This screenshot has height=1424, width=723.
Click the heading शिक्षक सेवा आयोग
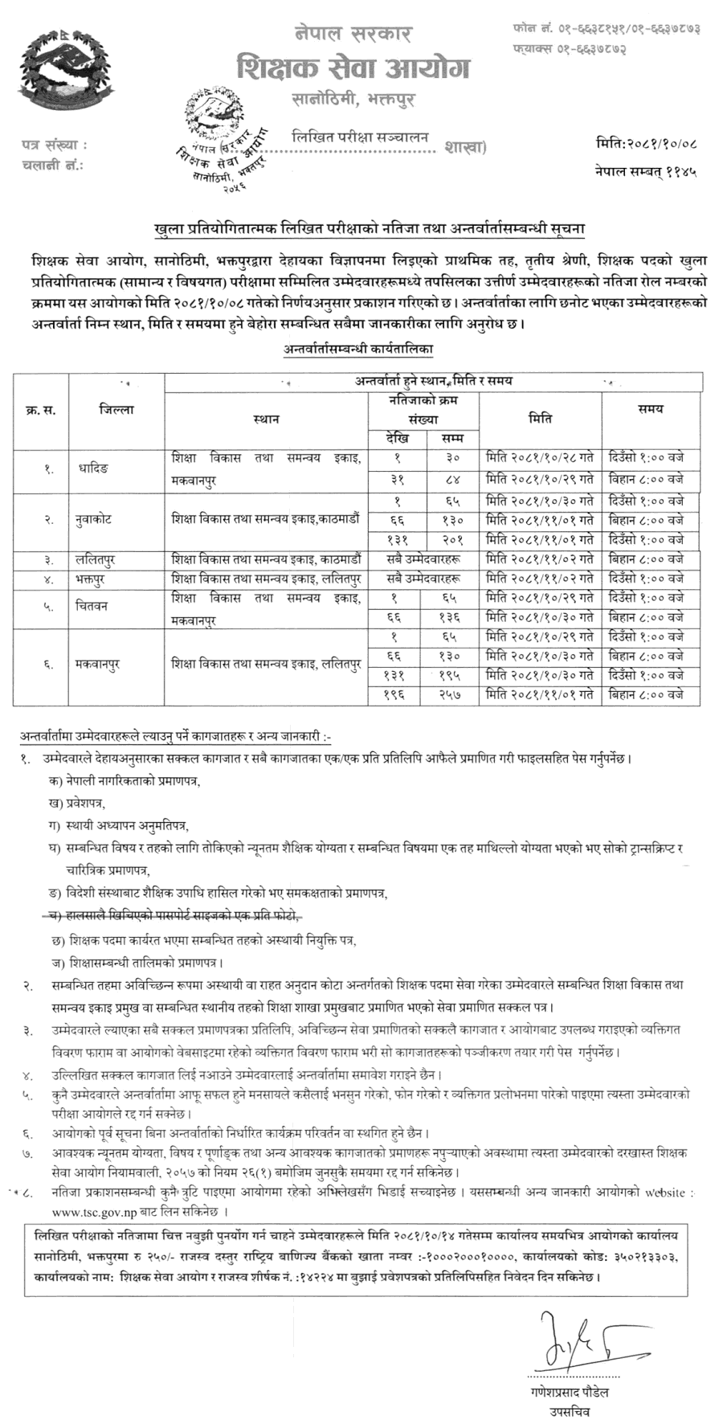pyautogui.click(x=353, y=69)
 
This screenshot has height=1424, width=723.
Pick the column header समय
pyautogui.click(x=651, y=408)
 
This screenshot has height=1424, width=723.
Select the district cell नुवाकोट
pyautogui.click(x=89, y=520)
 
